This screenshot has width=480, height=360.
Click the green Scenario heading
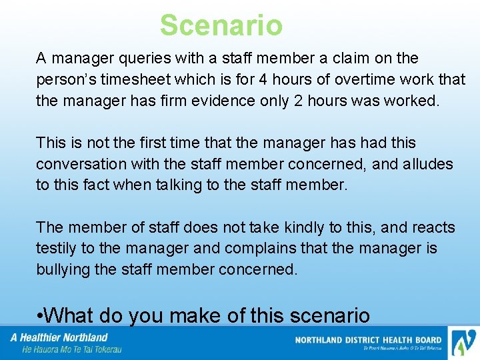[x=221, y=25]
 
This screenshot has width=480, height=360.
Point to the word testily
[x=57, y=249]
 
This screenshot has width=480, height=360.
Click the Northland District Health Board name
[x=367, y=340]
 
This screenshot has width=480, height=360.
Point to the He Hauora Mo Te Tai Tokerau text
[x=71, y=349]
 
